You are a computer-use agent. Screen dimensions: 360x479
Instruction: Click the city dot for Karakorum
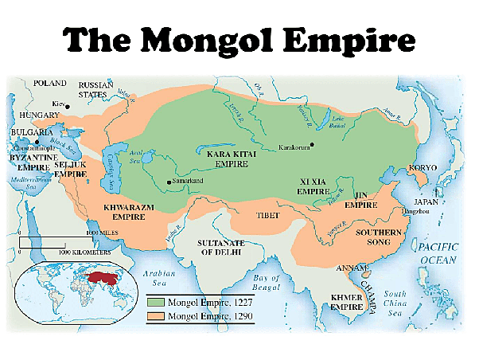click(x=313, y=144)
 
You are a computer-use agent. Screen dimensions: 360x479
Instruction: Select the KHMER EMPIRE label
click(x=348, y=303)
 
